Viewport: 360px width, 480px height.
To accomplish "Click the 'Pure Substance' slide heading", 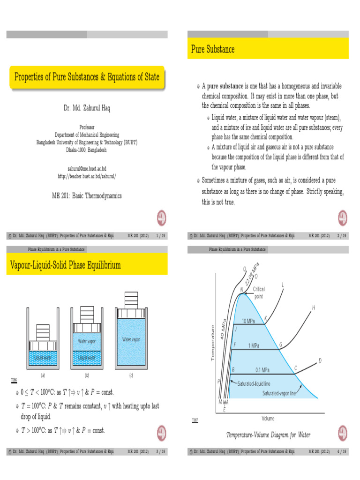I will tap(212, 49).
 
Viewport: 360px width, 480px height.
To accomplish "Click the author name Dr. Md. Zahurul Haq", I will tap(87, 108).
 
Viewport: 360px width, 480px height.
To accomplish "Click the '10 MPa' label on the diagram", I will tap(248, 321).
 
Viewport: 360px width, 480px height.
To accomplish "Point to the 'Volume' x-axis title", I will tap(268, 418).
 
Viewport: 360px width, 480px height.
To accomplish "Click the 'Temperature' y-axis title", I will tap(212, 342).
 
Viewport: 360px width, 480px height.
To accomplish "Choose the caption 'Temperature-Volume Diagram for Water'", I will tap(268, 435).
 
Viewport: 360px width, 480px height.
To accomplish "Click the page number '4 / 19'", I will tap(341, 452).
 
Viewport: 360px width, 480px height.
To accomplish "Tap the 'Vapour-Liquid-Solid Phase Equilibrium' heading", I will tap(65, 265).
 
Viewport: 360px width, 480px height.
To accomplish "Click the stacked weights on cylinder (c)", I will tap(132, 300).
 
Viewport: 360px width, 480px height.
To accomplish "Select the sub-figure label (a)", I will tap(43, 375).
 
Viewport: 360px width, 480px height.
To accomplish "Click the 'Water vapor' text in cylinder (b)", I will tap(86, 341).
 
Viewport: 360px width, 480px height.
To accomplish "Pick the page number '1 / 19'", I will tap(160, 235).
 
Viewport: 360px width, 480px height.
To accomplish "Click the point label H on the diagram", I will tap(313, 307).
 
